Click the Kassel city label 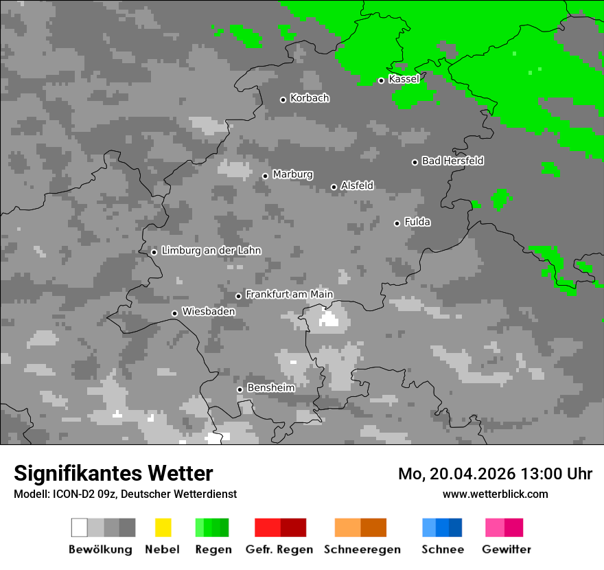(x=404, y=79)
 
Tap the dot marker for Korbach (x=283, y=100)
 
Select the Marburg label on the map (x=292, y=174)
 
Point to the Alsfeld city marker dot (x=334, y=187)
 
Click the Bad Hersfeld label (x=452, y=161)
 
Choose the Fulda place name (x=417, y=222)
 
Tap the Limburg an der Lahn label (x=211, y=251)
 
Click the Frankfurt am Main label (x=289, y=295)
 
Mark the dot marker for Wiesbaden (x=174, y=313)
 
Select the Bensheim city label (x=270, y=388)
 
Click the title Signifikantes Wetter (x=113, y=473)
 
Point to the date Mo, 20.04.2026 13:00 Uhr (x=495, y=474)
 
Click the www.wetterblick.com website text (x=495, y=494)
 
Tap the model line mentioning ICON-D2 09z (x=125, y=494)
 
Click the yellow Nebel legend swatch (x=163, y=527)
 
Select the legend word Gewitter (x=507, y=549)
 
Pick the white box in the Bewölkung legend (x=80, y=527)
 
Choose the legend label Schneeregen (x=362, y=549)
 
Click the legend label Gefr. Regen (x=279, y=549)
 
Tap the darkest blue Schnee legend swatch (x=456, y=527)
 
